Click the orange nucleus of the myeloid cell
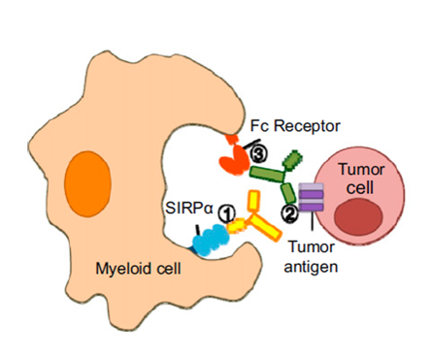88,183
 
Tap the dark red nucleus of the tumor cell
359,217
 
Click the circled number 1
226,213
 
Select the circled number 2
289,213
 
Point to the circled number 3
259,154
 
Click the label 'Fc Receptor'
295,126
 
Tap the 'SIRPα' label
189,208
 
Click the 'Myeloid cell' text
138,268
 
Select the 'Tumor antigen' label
311,257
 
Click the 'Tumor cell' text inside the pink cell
361,179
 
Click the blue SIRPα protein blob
211,241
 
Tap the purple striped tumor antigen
311,197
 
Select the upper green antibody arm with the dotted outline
293,160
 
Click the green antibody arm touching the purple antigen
287,193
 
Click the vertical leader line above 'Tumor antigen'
312,222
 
